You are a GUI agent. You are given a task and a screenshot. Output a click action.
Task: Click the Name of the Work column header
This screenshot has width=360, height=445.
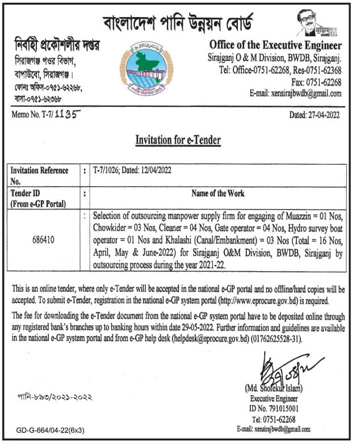point(219,194)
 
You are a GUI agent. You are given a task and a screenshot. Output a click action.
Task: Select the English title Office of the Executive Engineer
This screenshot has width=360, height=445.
point(275,45)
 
